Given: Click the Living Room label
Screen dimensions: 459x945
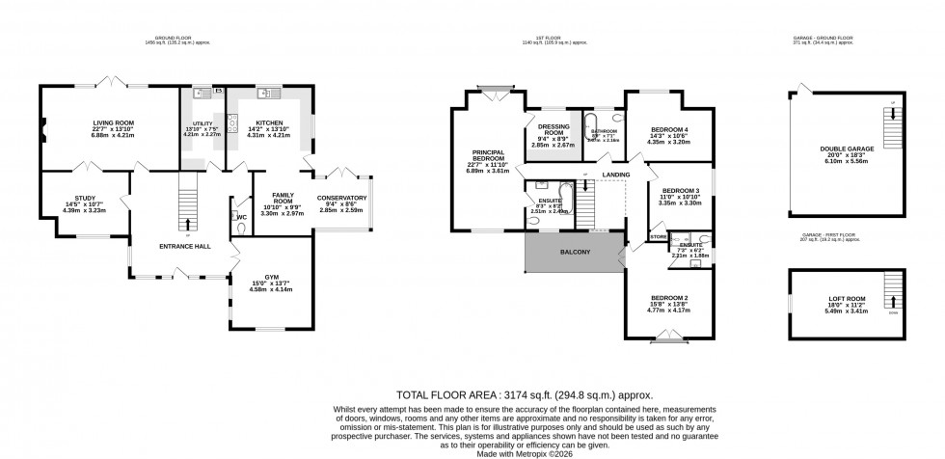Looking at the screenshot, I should (113, 123).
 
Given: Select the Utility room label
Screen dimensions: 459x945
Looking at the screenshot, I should (202, 123).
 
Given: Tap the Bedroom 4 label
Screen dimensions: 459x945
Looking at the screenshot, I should (669, 129).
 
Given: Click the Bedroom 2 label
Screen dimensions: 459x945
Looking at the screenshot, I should (667, 297).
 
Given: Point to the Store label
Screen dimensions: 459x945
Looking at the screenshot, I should (659, 234).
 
